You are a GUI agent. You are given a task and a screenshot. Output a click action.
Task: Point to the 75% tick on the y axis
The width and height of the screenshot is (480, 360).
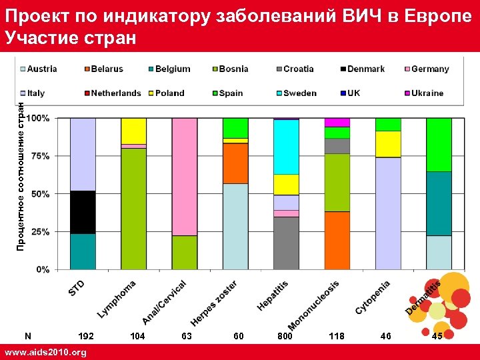point(42,156)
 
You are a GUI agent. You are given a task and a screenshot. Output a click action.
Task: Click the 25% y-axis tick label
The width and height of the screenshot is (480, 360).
point(42,232)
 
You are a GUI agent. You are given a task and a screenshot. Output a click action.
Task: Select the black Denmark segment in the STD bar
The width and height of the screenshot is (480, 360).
point(83,212)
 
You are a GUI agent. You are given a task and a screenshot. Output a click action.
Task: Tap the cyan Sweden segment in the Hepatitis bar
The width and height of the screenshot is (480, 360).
point(286,147)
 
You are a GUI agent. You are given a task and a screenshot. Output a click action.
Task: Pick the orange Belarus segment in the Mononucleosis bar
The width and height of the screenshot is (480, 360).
point(337,240)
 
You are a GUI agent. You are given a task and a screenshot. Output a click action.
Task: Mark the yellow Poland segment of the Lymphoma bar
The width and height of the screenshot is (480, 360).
point(133,131)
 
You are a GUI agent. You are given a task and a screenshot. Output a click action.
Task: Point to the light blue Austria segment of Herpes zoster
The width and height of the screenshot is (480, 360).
point(235,227)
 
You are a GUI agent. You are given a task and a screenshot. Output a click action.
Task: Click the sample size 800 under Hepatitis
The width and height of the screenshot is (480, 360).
point(285,337)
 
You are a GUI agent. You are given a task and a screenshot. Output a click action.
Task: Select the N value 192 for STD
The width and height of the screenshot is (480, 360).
point(86,337)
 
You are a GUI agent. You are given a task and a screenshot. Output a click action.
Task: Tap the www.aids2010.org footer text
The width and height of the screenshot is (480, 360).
point(45,352)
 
